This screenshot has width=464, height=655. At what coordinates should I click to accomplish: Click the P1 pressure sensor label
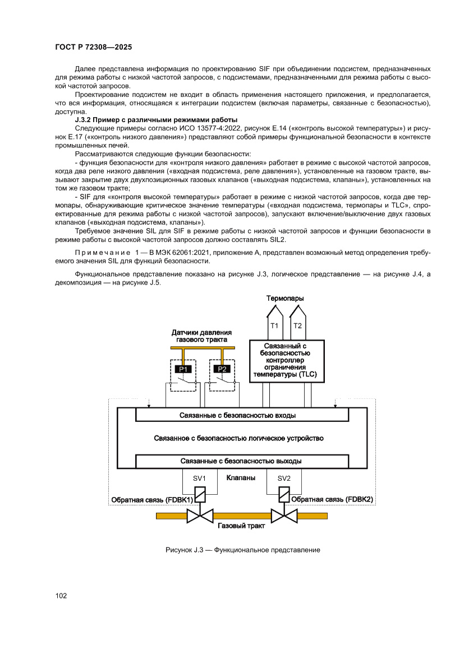pyautogui.click(x=183, y=369)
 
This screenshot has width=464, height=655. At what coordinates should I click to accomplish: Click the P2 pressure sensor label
pyautogui.click(x=222, y=369)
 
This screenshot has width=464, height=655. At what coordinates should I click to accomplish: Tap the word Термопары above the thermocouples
pyautogui.click(x=285, y=298)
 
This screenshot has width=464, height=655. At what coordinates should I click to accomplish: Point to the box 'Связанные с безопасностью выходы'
pyautogui.click(x=242, y=461)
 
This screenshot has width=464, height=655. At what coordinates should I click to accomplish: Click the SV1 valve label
pyautogui.click(x=200, y=479)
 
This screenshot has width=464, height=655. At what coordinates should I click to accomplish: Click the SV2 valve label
pyautogui.click(x=284, y=479)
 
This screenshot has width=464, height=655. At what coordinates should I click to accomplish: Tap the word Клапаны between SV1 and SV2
pyautogui.click(x=241, y=478)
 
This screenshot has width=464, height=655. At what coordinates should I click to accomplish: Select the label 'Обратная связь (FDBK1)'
pyautogui.click(x=152, y=499)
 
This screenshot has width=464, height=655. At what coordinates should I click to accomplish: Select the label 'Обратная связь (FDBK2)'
pyautogui.click(x=332, y=499)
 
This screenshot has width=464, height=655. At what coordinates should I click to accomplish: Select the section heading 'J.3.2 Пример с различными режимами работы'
pyautogui.click(x=156, y=120)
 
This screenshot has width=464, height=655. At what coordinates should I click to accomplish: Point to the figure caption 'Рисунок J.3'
pyautogui.click(x=242, y=550)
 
